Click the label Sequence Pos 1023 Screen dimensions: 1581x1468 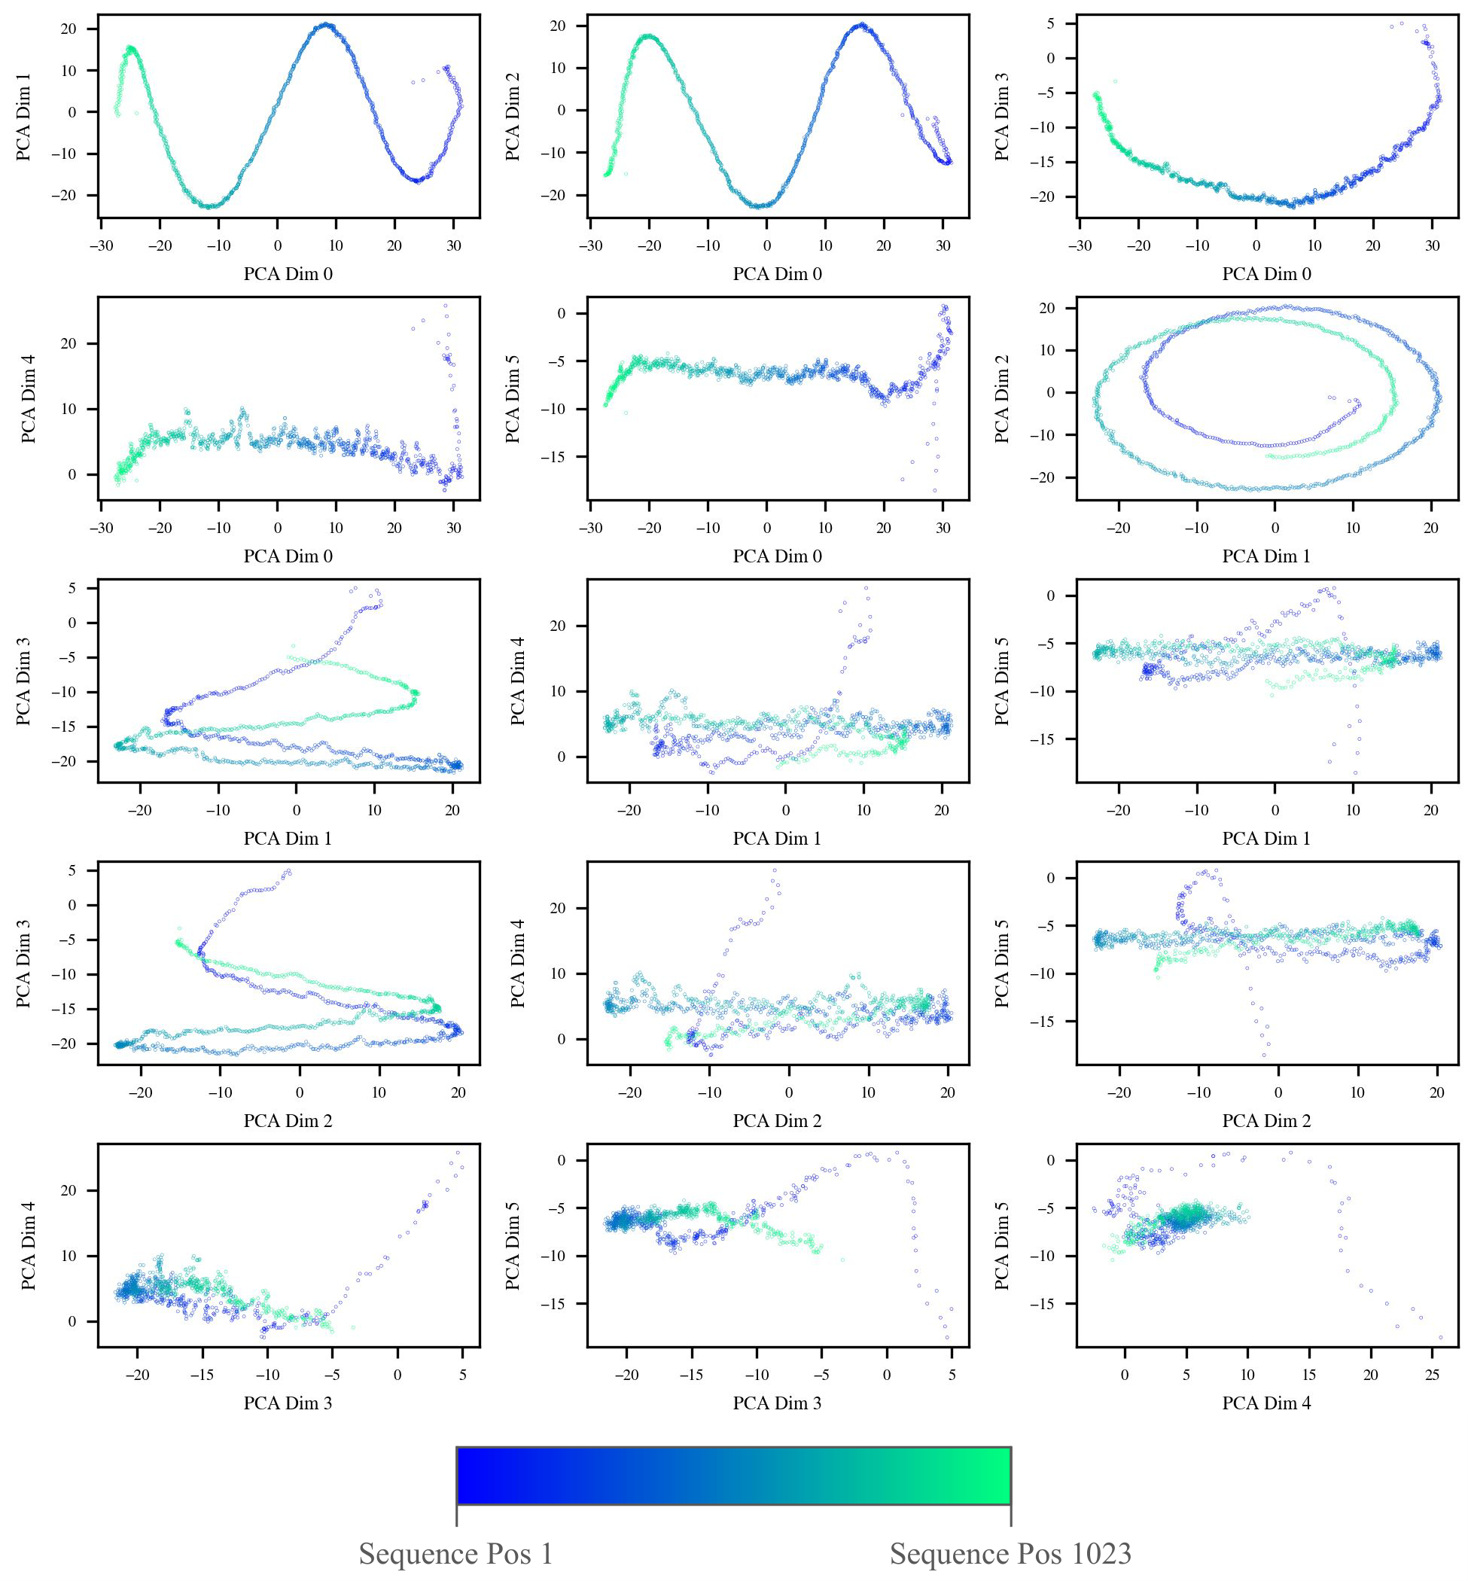coord(1010,1554)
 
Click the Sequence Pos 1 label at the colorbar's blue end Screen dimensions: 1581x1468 coord(456,1554)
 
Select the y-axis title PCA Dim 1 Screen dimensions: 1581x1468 coord(24,116)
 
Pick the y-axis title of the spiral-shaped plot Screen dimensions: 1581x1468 coord(1003,398)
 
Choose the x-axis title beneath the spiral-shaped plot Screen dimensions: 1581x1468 coord(1266,556)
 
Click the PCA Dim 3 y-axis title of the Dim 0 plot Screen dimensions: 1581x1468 coord(1003,116)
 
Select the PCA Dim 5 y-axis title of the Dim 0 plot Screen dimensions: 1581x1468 coord(513,398)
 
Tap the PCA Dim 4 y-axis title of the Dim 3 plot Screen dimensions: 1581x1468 coord(28,1245)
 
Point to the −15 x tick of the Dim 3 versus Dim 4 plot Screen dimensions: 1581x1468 coord(203,1375)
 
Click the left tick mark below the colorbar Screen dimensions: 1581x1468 coord(457,1515)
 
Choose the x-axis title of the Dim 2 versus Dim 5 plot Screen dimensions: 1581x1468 coord(1266,1121)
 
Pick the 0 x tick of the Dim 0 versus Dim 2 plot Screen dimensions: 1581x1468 coord(766,246)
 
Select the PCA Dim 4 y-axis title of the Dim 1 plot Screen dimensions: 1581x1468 coord(517,681)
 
